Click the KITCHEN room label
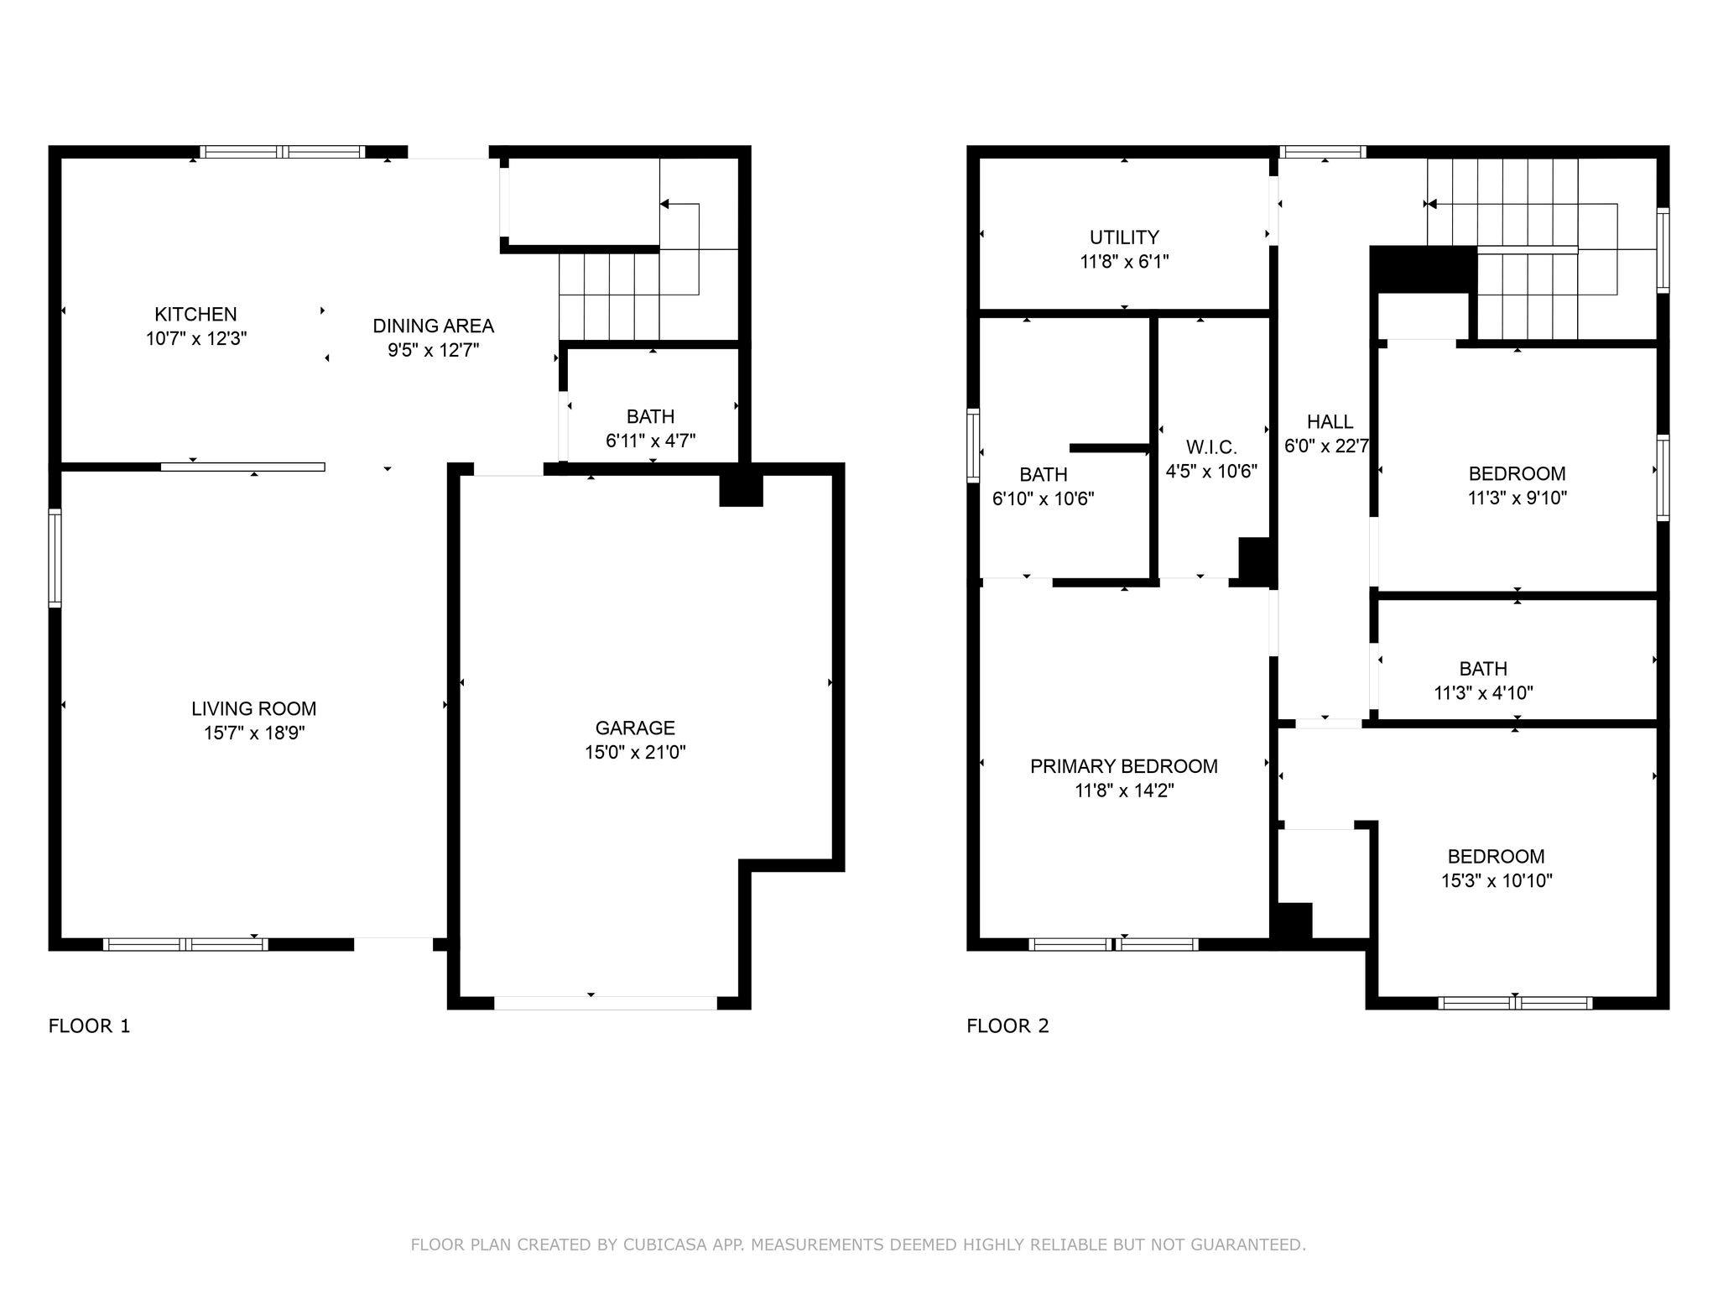pyautogui.click(x=195, y=315)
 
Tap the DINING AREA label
pyautogui.click(x=433, y=326)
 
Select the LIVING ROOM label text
pyautogui.click(x=253, y=709)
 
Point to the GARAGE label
pyautogui.click(x=635, y=728)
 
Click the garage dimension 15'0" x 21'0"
pyautogui.click(x=635, y=753)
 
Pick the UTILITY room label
pyautogui.click(x=1124, y=237)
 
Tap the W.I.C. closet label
pyautogui.click(x=1211, y=447)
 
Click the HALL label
pyautogui.click(x=1330, y=422)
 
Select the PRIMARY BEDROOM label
pyautogui.click(x=1124, y=766)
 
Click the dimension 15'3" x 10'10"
pyautogui.click(x=1496, y=881)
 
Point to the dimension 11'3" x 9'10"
pyautogui.click(x=1517, y=498)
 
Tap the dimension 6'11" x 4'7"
pyautogui.click(x=650, y=441)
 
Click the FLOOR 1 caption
pyautogui.click(x=90, y=1026)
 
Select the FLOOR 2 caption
pyautogui.click(x=1007, y=1026)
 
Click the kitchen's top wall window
pyautogui.click(x=283, y=152)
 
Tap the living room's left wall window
pyautogui.click(x=55, y=558)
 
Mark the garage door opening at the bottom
pyautogui.click(x=606, y=1003)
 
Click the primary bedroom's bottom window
pyautogui.click(x=1113, y=944)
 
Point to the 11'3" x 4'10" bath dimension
pyautogui.click(x=1483, y=693)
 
